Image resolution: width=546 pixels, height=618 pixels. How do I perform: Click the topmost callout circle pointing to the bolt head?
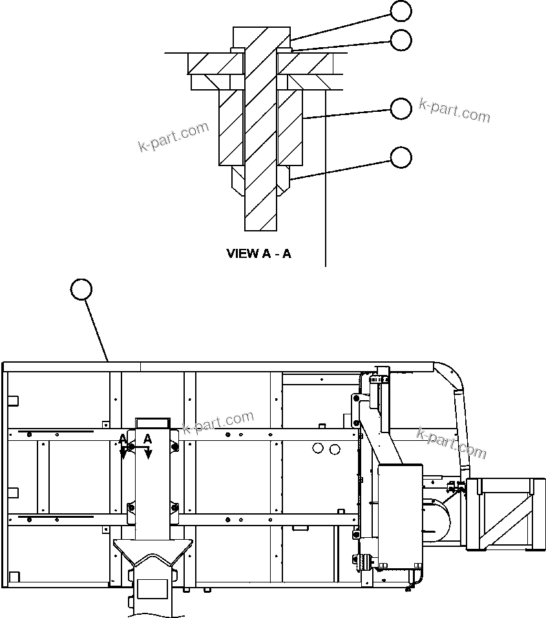[401, 10]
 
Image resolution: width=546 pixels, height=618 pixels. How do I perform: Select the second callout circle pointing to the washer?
[401, 40]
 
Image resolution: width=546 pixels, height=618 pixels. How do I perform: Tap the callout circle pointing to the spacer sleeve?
[401, 109]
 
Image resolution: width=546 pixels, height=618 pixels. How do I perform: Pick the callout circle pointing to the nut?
[401, 157]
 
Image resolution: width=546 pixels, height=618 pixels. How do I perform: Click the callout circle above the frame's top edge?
[81, 290]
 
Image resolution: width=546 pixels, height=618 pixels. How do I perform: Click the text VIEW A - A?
[258, 253]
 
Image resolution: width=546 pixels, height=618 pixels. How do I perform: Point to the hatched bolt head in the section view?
[262, 39]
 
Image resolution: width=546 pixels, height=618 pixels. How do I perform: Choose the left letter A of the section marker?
[123, 439]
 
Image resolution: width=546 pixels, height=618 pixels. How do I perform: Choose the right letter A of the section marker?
[147, 439]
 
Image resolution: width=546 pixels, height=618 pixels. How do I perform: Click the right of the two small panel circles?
[334, 449]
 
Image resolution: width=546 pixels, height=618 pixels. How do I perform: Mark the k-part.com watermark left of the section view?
[174, 136]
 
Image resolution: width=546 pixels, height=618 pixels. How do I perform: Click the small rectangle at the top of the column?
[152, 422]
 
